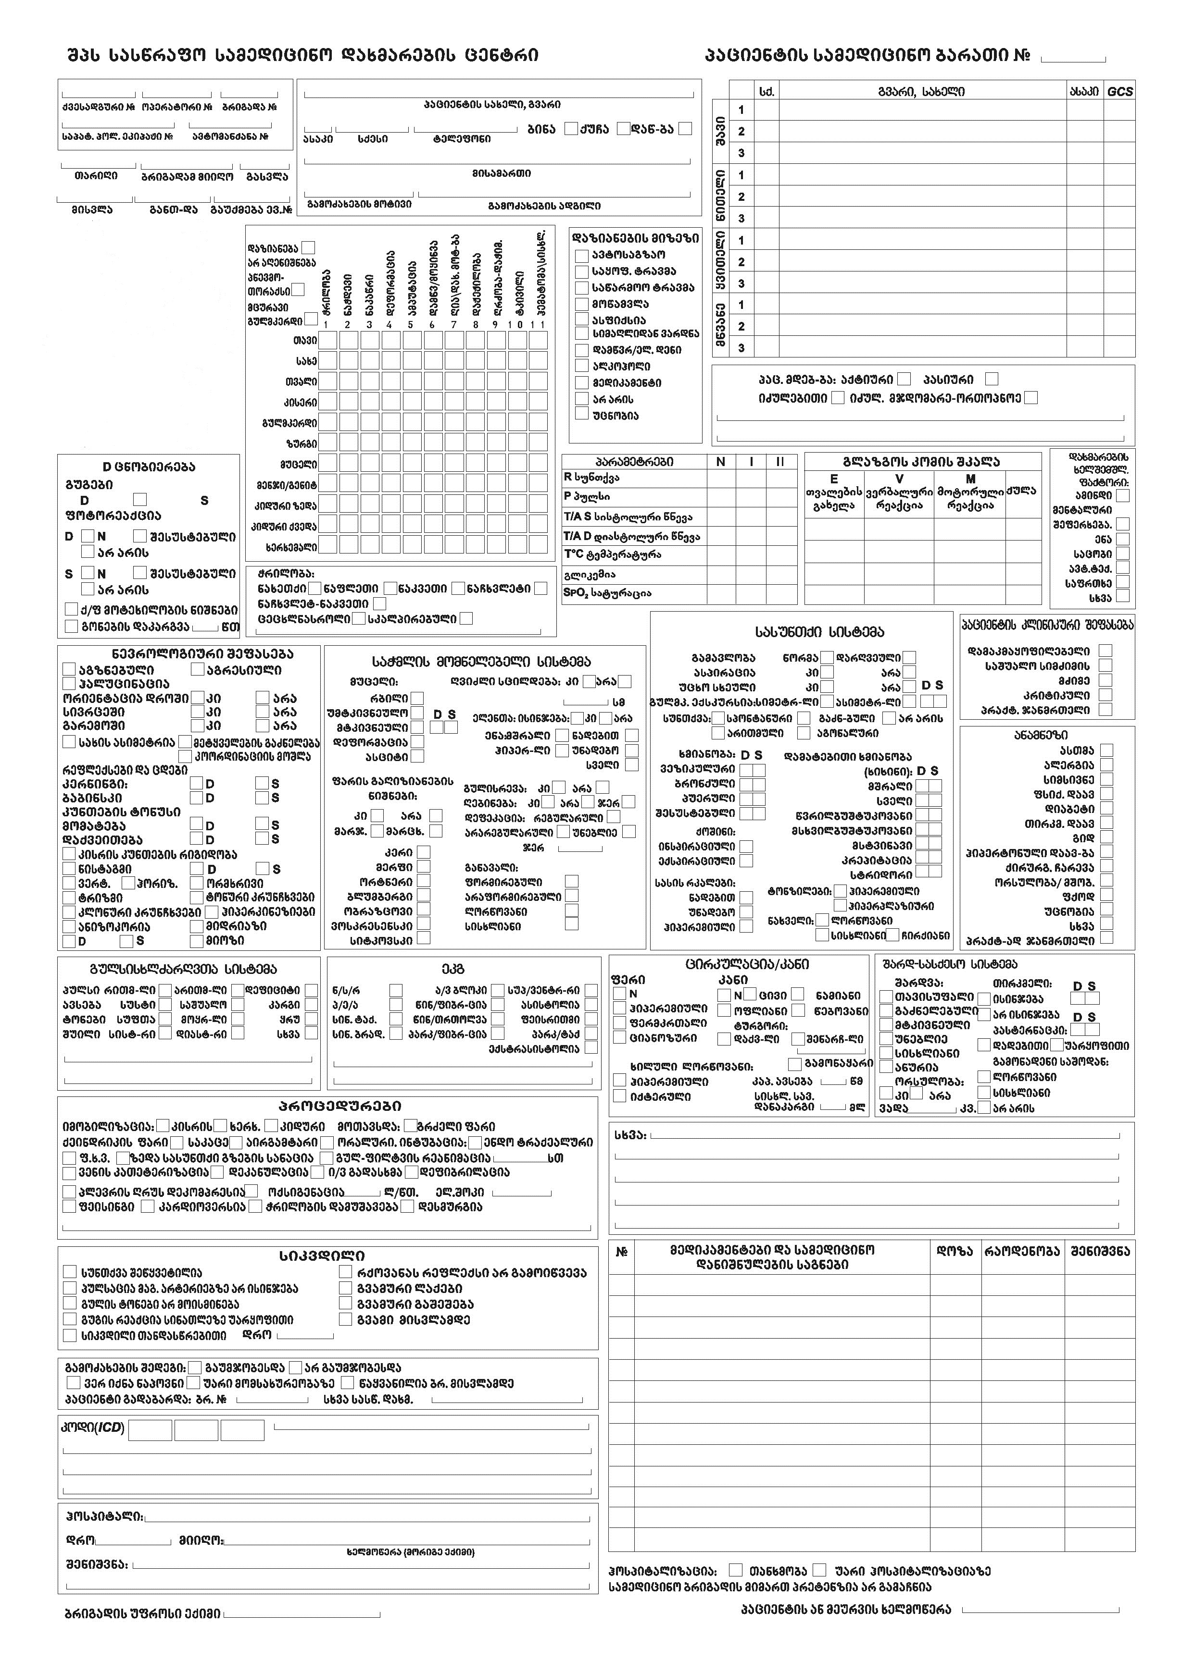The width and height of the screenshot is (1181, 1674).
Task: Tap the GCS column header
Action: pos(1120,92)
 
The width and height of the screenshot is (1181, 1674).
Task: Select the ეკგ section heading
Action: pos(452,970)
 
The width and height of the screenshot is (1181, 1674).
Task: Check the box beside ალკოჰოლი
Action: pos(581,366)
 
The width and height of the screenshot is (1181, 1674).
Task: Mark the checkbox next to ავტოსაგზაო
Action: pos(581,255)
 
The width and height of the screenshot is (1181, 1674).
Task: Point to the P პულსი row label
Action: pos(587,496)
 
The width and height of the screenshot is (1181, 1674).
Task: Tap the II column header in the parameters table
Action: pos(780,462)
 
